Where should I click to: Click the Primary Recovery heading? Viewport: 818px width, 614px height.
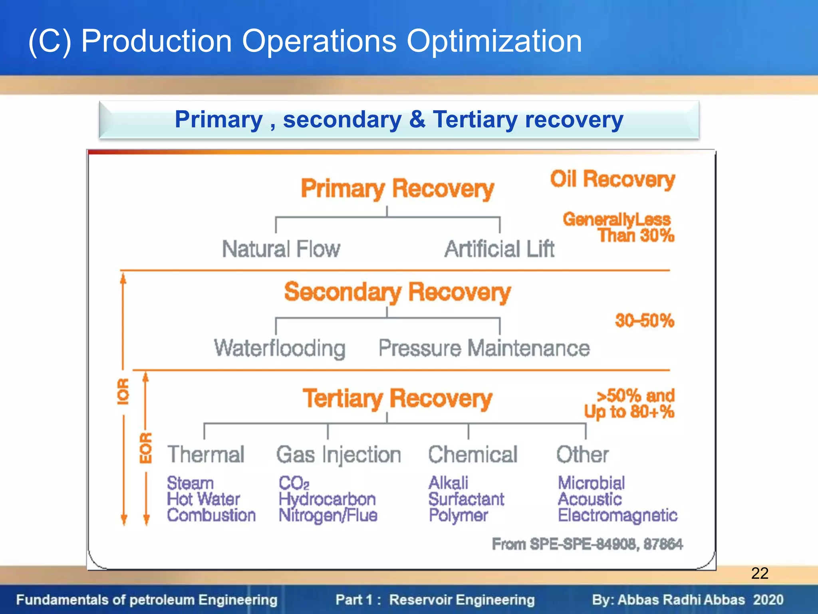click(x=397, y=189)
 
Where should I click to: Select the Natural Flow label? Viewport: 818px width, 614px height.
click(x=281, y=249)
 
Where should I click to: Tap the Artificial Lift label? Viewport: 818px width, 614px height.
click(x=499, y=249)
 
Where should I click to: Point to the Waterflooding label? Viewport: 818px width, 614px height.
click(x=280, y=348)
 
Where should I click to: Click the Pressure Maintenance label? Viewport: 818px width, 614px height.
click(x=484, y=348)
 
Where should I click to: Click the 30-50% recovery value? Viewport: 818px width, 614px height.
click(x=644, y=321)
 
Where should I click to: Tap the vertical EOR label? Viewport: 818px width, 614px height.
click(x=146, y=448)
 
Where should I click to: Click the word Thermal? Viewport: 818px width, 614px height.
click(x=206, y=455)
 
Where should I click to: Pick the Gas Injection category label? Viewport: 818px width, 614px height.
click(x=339, y=455)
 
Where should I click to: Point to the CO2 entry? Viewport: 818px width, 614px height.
click(x=294, y=483)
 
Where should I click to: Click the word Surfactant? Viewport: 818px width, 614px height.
click(x=466, y=499)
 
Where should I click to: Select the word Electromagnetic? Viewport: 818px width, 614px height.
click(x=617, y=516)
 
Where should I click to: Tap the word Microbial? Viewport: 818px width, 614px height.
click(x=591, y=483)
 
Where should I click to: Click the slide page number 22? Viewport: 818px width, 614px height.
click(x=760, y=573)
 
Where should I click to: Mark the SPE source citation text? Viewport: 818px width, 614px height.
click(x=587, y=544)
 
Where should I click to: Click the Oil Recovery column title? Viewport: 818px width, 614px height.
click(x=612, y=179)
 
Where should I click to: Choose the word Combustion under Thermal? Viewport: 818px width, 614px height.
click(x=211, y=515)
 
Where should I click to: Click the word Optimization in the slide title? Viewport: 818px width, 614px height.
click(x=494, y=41)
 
